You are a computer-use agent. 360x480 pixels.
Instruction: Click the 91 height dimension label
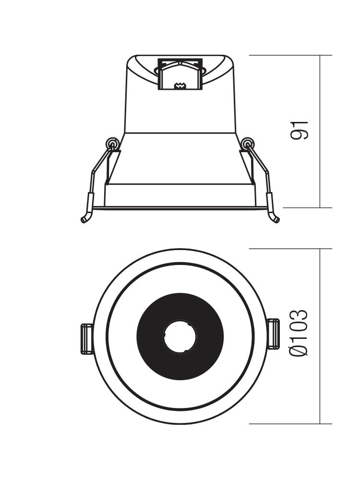[x=299, y=131]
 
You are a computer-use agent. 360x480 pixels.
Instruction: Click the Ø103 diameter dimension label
[x=299, y=333]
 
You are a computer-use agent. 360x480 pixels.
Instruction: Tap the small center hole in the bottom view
[x=180, y=336]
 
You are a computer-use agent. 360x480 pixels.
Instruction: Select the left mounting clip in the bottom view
[x=86, y=339]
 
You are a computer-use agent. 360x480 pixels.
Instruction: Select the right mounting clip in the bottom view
[x=273, y=334]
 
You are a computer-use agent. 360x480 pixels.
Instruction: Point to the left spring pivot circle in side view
[x=112, y=143]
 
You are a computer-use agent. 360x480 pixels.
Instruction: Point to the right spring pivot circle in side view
[x=247, y=143]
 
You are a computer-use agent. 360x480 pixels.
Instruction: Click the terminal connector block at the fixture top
[x=180, y=74]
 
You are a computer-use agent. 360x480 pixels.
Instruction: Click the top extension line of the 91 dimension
[x=290, y=55]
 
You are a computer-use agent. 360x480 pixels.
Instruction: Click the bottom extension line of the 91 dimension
[x=308, y=207]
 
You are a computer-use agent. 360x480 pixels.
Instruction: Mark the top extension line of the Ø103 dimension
[x=290, y=249]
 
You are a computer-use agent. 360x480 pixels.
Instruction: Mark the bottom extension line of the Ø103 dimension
[x=290, y=424]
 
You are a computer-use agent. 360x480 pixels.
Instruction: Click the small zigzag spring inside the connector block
[x=180, y=86]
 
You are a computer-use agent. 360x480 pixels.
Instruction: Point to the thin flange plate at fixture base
[x=180, y=208]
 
